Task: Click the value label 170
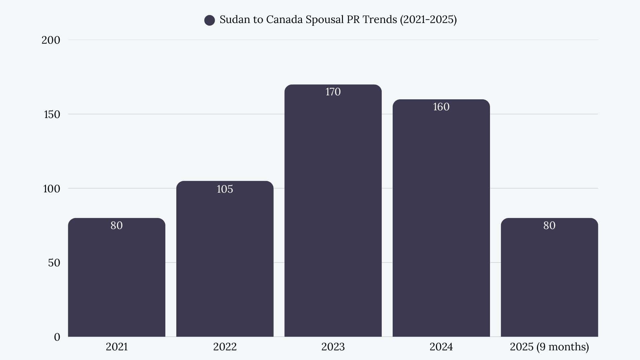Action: click(333, 92)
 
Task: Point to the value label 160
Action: click(441, 107)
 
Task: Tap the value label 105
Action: click(225, 189)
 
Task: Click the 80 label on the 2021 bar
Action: click(117, 226)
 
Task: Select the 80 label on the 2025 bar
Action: click(549, 226)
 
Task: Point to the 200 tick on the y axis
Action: click(51, 40)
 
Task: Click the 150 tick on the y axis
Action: click(52, 115)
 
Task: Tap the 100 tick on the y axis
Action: click(51, 189)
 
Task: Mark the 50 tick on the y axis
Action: click(54, 263)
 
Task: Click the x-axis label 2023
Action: click(333, 347)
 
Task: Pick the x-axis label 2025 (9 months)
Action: click(549, 347)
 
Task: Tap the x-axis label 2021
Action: click(117, 347)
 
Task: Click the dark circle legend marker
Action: click(209, 20)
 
